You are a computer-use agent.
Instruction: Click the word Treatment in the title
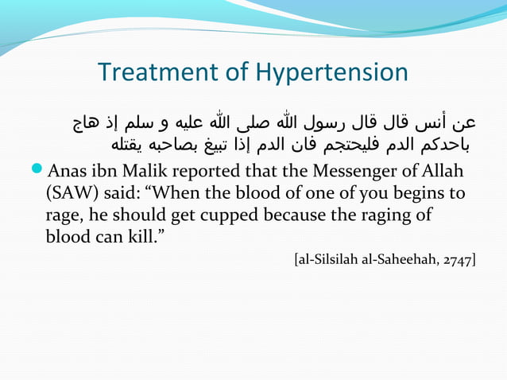pyautogui.click(x=157, y=72)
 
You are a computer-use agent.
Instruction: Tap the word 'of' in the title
pyautogui.click(x=237, y=72)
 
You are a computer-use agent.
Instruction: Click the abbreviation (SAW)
pyautogui.click(x=69, y=194)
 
